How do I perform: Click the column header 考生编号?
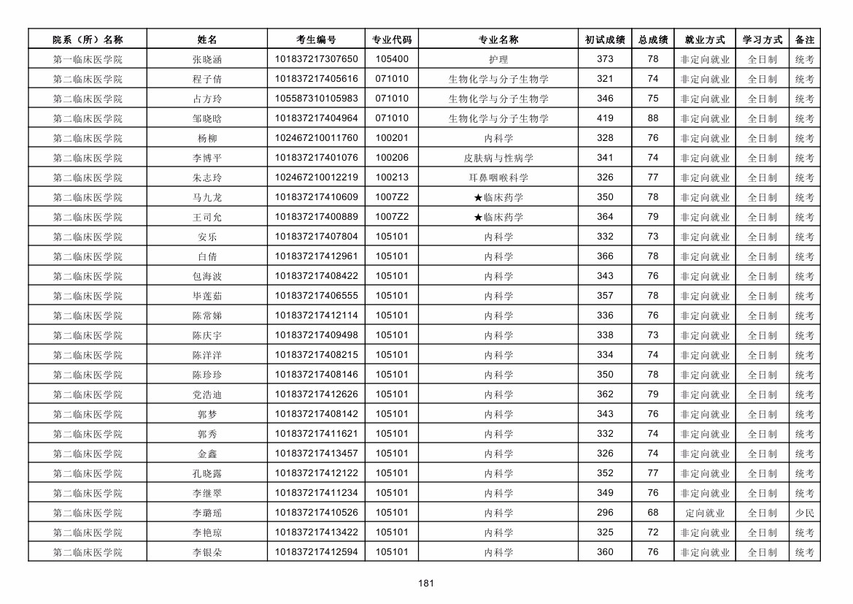316,39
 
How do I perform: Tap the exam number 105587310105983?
316,99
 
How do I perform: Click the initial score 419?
605,118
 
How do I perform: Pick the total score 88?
652,118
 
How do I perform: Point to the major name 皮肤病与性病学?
498,158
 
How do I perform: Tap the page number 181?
426,583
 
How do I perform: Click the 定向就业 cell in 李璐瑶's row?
704,513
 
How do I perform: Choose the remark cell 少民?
804,513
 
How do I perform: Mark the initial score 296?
605,513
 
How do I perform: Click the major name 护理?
498,59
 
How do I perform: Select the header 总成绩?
652,39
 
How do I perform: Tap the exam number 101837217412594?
316,552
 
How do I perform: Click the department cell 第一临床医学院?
88,59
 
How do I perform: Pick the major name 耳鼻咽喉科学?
498,177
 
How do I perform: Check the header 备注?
804,39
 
